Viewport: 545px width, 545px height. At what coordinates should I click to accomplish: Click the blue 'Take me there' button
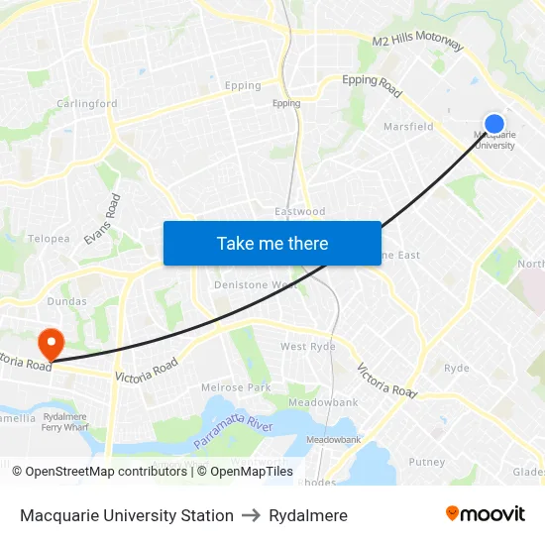tap(272, 243)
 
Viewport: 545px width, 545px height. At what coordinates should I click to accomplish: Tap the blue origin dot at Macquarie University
tap(494, 124)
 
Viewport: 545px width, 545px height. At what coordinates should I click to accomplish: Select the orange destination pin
tap(50, 344)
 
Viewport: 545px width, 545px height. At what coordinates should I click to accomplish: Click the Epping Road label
tap(372, 85)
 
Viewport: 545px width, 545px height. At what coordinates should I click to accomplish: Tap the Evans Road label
tap(102, 219)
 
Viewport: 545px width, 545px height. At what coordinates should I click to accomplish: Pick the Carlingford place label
tap(87, 104)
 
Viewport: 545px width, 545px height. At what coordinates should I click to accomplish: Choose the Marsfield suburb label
tap(408, 127)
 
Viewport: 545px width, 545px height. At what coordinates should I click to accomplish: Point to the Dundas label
tap(66, 301)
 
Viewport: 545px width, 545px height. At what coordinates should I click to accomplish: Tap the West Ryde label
tap(307, 347)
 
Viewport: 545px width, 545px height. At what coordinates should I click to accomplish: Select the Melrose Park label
tap(236, 387)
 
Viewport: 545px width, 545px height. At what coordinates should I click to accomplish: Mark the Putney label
tap(427, 462)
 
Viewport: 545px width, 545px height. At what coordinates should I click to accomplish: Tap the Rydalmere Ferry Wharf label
tap(66, 422)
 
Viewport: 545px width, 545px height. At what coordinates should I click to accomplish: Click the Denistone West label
tap(257, 285)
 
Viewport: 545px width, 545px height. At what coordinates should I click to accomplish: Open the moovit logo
tap(485, 514)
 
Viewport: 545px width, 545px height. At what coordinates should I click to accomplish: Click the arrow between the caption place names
tap(251, 515)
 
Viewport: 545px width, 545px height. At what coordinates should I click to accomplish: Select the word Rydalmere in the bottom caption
tap(308, 515)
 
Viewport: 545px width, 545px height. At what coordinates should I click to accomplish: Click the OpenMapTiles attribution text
tap(245, 472)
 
